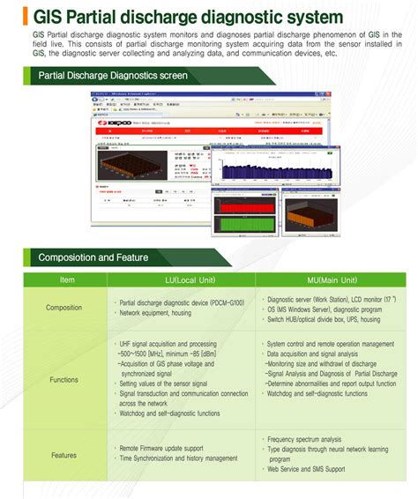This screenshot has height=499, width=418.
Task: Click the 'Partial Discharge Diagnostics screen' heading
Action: pos(113,76)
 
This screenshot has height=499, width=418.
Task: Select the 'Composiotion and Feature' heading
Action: pos(93,257)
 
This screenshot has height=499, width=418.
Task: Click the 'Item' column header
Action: pos(67,279)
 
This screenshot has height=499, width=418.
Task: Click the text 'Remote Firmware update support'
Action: pos(168,448)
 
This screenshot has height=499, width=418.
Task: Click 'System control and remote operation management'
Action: pos(330,344)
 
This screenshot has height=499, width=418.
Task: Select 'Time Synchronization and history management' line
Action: pos(178,458)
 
